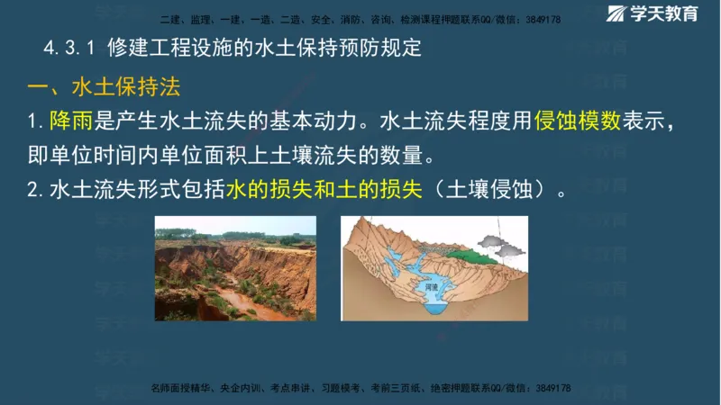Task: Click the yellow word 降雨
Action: pos(69,121)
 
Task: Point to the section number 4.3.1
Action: pos(69,49)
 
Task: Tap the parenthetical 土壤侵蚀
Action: pos(490,190)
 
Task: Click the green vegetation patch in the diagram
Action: pos(463,254)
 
